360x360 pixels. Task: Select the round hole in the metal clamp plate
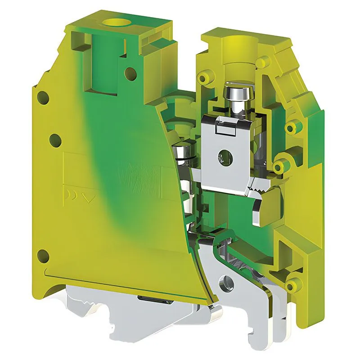click(x=224, y=157)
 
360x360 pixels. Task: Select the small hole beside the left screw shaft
click(x=130, y=71)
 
